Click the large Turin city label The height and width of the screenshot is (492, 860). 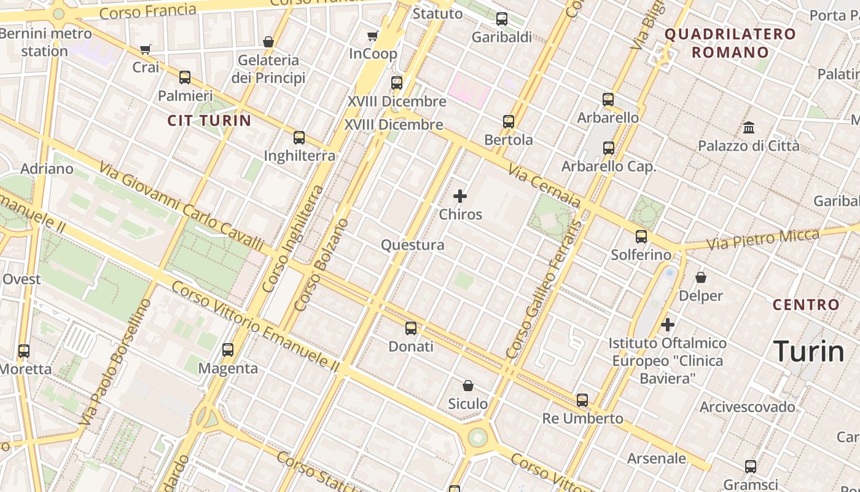[808, 352]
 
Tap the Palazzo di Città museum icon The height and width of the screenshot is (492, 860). [749, 128]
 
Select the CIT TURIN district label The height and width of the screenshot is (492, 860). [209, 120]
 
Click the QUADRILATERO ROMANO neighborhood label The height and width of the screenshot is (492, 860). [730, 43]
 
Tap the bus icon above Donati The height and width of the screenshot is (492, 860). [411, 328]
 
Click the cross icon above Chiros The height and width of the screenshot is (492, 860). [460, 197]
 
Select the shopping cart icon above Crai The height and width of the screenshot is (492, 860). [146, 49]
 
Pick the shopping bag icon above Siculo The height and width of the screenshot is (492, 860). [468, 386]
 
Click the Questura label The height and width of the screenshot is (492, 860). [412, 245]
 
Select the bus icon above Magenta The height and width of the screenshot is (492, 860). [228, 350]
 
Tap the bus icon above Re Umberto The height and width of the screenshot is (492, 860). [582, 400]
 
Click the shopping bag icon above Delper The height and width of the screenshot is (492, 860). [701, 277]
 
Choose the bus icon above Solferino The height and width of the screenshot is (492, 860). [641, 236]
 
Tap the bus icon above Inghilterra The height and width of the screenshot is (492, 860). [299, 138]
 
